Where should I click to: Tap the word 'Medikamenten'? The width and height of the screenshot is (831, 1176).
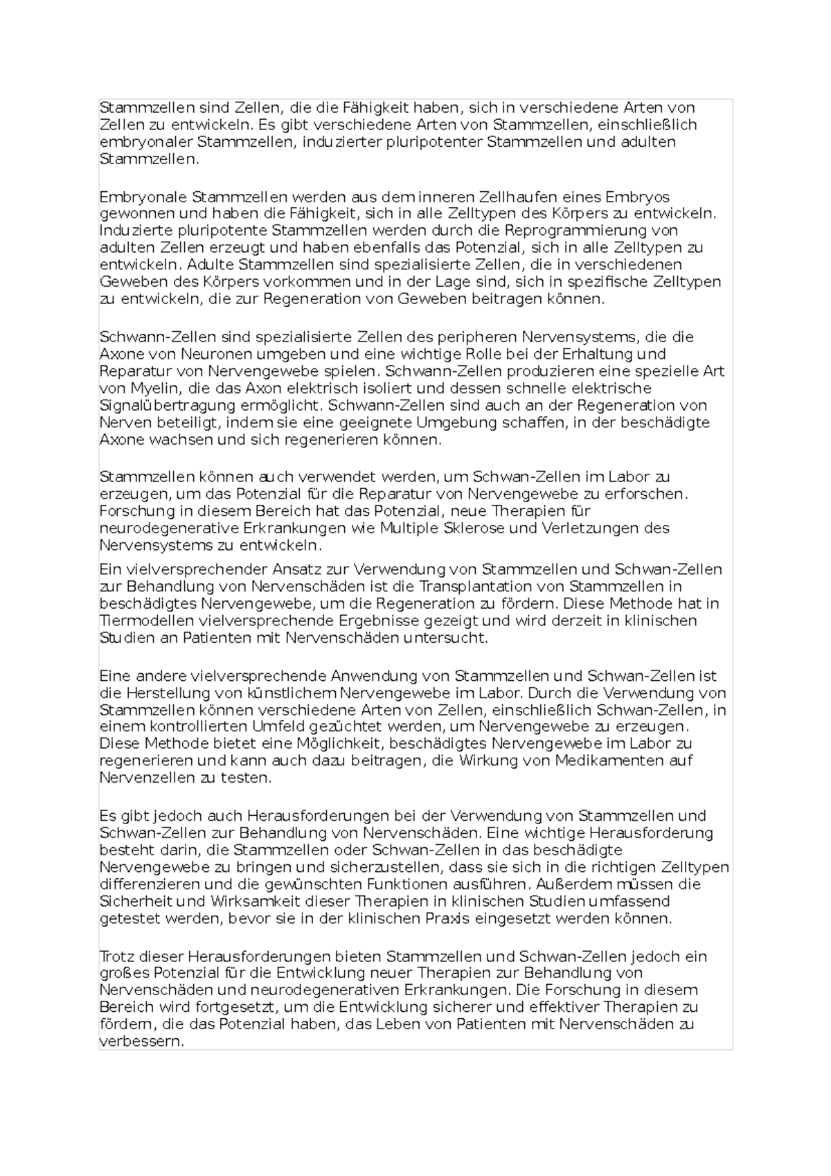click(x=601, y=761)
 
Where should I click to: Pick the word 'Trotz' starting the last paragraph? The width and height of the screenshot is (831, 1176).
click(x=116, y=956)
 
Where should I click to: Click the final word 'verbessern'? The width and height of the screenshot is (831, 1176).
click(x=141, y=1042)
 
